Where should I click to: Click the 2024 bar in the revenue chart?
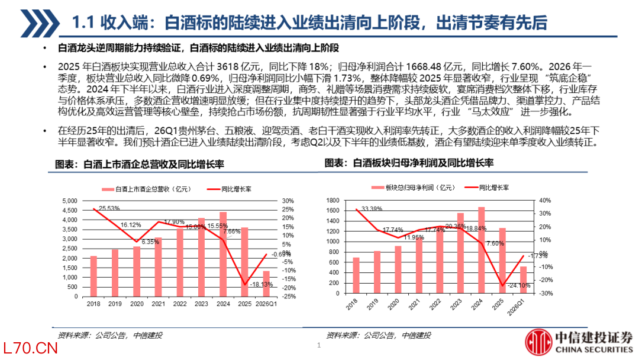223,254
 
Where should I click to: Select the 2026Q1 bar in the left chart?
266,284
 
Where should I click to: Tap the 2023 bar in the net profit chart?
460,253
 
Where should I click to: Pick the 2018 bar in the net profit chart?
356,275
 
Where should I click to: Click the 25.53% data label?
109,208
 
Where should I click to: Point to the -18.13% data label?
262,284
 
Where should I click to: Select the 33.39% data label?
372,209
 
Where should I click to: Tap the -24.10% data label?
519,285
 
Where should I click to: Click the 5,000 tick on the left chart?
70,201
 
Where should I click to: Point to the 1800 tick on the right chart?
333,200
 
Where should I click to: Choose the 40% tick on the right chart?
545,200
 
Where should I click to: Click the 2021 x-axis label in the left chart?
158,304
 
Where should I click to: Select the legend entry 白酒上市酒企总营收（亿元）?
146,189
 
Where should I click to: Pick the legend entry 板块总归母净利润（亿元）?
413,188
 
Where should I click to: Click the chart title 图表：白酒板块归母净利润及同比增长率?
409,163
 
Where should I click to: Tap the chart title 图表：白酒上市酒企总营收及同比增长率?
140,164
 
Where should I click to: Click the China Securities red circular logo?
538,342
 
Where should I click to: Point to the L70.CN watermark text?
30,348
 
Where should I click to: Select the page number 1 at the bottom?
319,345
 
